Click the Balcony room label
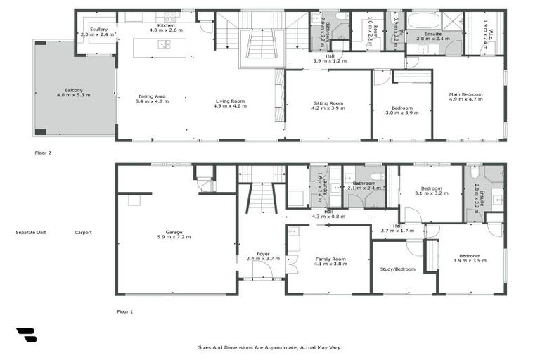tap(74, 92)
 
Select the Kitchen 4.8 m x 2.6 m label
tap(166, 27)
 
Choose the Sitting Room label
tap(328, 106)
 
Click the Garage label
tap(174, 233)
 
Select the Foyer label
tap(263, 256)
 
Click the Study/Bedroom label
tap(398, 269)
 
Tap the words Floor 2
tap(44, 152)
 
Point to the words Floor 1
tap(124, 311)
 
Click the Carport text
tap(83, 232)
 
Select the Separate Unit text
tap(31, 232)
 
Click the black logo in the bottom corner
tap(26, 335)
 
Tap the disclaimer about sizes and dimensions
tap(270, 347)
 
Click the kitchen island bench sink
tap(164, 45)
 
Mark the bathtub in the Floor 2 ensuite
tap(423, 20)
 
